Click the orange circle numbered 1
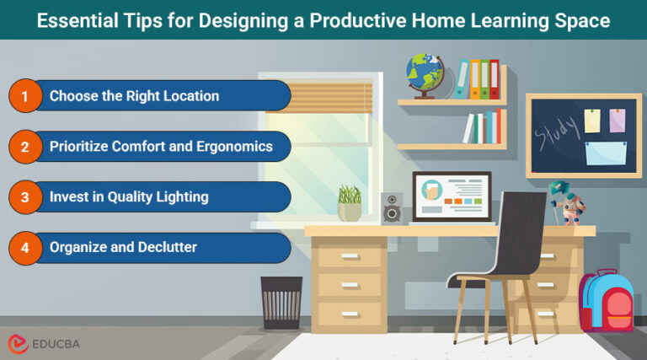(x=25, y=96)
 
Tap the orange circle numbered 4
(x=25, y=248)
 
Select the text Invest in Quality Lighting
(x=129, y=197)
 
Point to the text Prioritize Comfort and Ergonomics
(x=161, y=147)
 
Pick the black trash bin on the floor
(x=281, y=303)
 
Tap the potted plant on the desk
(x=350, y=203)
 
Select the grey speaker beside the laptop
(x=393, y=207)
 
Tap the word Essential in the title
(x=74, y=21)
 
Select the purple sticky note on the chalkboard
(x=618, y=120)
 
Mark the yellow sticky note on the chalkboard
(x=592, y=121)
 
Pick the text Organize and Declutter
(x=122, y=248)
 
